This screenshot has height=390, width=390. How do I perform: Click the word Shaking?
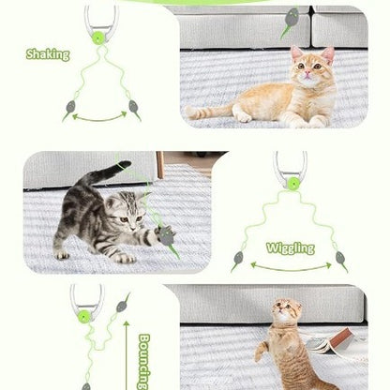point(48,54)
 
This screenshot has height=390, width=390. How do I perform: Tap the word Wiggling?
point(290,248)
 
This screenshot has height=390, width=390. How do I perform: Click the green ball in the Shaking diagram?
point(97,37)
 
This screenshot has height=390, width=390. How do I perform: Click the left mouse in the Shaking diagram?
point(69,109)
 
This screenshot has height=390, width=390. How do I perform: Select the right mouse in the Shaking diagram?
point(134,109)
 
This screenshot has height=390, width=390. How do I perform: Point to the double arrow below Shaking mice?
point(101,117)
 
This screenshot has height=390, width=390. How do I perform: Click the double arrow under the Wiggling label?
point(290,267)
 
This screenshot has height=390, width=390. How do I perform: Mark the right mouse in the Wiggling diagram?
point(341,260)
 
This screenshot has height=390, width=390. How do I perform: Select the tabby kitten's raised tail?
point(108,172)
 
